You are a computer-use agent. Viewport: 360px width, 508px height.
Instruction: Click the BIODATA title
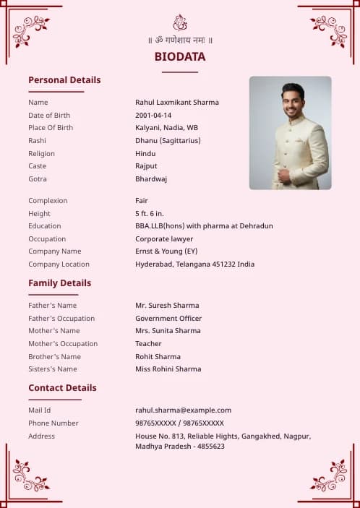click(x=179, y=56)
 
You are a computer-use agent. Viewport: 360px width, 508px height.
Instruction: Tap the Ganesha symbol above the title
click(x=180, y=22)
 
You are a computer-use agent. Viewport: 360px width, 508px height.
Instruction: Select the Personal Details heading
click(x=64, y=80)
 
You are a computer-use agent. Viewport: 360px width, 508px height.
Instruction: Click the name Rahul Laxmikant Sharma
click(x=176, y=103)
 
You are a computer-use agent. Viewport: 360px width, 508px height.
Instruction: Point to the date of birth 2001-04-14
click(x=153, y=116)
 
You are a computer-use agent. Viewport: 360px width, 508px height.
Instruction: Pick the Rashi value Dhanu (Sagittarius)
click(x=168, y=141)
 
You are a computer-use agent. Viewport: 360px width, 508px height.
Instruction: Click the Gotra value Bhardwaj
click(x=151, y=179)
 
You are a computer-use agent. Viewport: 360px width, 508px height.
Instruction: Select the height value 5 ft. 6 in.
click(x=150, y=214)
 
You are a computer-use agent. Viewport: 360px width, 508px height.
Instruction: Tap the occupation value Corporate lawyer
click(x=164, y=239)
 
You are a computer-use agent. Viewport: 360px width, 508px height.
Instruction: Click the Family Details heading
click(x=59, y=283)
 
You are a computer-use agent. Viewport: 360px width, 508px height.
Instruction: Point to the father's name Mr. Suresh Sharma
click(x=167, y=306)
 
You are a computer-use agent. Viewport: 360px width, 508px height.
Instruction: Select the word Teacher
click(x=148, y=344)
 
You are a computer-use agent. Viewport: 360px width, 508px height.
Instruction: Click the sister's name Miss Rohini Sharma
click(x=168, y=369)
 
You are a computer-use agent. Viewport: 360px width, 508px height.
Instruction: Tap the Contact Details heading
click(x=62, y=388)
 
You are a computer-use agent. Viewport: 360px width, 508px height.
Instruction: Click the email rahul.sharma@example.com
click(x=183, y=410)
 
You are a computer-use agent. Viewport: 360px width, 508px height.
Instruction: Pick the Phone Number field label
click(x=53, y=423)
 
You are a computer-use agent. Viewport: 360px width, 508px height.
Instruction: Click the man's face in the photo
click(x=293, y=101)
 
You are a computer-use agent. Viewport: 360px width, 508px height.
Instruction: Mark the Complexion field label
click(x=48, y=201)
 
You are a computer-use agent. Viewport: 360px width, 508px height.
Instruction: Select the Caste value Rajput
click(x=146, y=166)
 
